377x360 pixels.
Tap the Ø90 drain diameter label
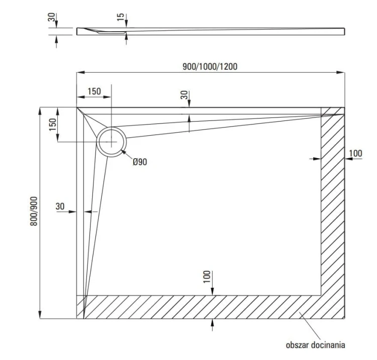pyautogui.click(x=140, y=162)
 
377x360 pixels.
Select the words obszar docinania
pyautogui.click(x=316, y=344)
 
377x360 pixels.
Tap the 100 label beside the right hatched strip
pyautogui.click(x=355, y=153)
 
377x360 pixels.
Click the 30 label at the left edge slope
pyautogui.click(x=60, y=206)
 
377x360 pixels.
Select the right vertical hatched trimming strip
pyautogui.click(x=333, y=211)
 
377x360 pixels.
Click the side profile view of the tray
pyautogui.click(x=211, y=31)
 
